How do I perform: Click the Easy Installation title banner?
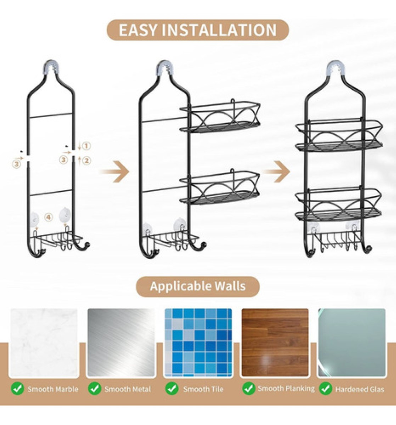pyautogui.click(x=198, y=30)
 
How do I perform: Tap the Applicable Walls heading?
pyautogui.click(x=198, y=286)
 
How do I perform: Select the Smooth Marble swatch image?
pyautogui.click(x=44, y=342)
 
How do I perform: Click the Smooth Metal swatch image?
pyautogui.click(x=121, y=342)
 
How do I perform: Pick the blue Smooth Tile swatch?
pyautogui.click(x=198, y=342)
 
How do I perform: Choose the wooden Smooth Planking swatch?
pyautogui.click(x=275, y=342)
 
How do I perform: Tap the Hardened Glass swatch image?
pyautogui.click(x=352, y=342)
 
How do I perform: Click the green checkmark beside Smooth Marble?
pyautogui.click(x=17, y=389)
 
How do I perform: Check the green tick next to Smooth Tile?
pyautogui.click(x=172, y=389)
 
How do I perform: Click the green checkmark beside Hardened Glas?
pyautogui.click(x=325, y=389)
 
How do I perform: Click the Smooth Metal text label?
pyautogui.click(x=128, y=389)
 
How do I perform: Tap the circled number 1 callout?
pyautogui.click(x=87, y=146)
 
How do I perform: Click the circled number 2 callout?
pyautogui.click(x=87, y=160)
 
